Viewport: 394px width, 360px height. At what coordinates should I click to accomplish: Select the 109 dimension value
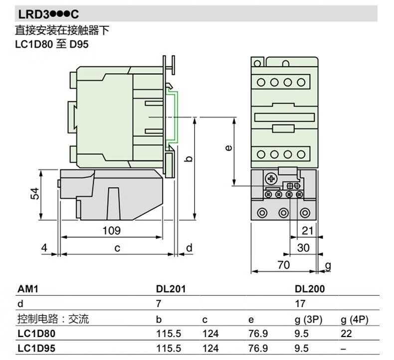tap(111, 230)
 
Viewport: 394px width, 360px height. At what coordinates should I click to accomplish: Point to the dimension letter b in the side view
tap(189, 159)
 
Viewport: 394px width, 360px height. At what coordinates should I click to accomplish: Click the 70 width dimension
tap(283, 265)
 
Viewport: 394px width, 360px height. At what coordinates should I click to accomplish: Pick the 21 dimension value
tap(308, 230)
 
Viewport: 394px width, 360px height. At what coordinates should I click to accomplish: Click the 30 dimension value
tap(303, 248)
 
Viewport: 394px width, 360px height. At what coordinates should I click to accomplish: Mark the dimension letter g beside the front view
tap(327, 265)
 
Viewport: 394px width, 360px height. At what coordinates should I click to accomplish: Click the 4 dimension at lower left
tap(44, 248)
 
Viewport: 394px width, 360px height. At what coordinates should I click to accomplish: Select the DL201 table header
tap(171, 289)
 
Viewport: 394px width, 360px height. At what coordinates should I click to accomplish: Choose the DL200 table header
tap(310, 289)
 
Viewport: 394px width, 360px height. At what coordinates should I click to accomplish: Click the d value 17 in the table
tap(300, 304)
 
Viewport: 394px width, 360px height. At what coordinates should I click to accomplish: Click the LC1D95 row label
tap(36, 349)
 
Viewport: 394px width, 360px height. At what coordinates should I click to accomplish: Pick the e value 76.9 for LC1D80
tap(258, 334)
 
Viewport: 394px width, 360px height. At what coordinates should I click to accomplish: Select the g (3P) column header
tap(309, 319)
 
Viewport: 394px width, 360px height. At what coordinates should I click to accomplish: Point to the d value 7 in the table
tap(159, 304)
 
